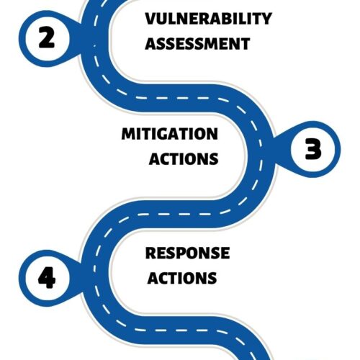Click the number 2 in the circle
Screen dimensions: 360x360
[x=47, y=37]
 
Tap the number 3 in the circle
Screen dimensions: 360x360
[x=313, y=149]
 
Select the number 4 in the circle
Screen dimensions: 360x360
[x=47, y=277]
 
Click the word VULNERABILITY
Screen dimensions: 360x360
[x=208, y=19]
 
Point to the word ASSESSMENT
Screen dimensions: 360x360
[x=197, y=44]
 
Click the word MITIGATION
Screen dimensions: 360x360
[x=170, y=134]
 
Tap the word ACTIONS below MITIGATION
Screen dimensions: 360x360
[x=184, y=159]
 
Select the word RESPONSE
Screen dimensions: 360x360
[x=187, y=253]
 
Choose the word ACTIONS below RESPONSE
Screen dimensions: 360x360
[x=182, y=278]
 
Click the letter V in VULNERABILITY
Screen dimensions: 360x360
[x=152, y=19]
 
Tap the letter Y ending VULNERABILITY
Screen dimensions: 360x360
[x=265, y=19]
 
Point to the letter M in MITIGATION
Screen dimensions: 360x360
[x=129, y=134]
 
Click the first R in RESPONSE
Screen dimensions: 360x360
[x=151, y=253]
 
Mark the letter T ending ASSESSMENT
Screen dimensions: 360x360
[x=245, y=44]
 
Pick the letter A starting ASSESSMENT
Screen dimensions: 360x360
[x=151, y=44]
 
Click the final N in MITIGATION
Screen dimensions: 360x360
[x=212, y=134]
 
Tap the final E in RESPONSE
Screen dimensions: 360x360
[x=225, y=253]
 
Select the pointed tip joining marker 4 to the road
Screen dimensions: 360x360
[x=84, y=264]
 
